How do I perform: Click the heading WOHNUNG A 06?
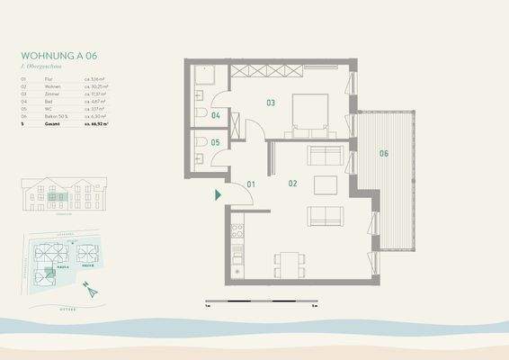(x=59, y=55)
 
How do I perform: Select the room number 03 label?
(x=270, y=103)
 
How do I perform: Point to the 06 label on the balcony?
(x=383, y=153)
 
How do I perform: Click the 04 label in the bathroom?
(x=216, y=115)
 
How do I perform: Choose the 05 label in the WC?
(x=216, y=142)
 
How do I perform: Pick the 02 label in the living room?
(x=292, y=183)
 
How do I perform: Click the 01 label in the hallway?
(x=252, y=184)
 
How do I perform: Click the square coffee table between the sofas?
(x=325, y=185)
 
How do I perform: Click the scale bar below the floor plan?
(x=261, y=300)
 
